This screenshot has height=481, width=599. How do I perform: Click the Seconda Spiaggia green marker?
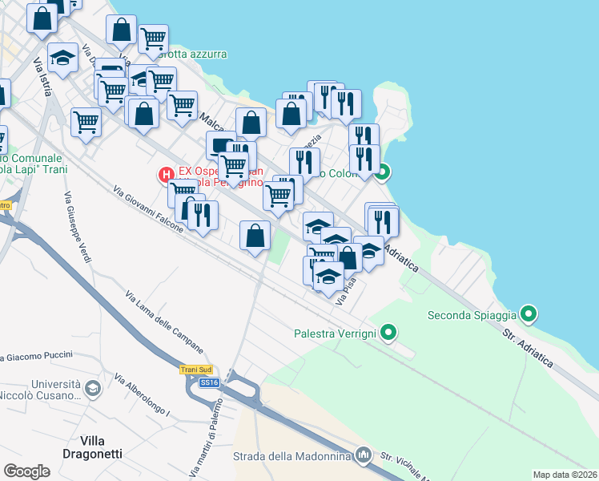pyautogui.click(x=528, y=313)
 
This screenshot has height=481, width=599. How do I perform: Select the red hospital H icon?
pyautogui.click(x=167, y=173)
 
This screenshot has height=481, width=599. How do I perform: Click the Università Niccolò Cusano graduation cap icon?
pyautogui.click(x=93, y=390)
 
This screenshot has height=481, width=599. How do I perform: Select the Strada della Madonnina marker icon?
pyautogui.click(x=364, y=455)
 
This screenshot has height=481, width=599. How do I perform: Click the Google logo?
pyautogui.click(x=26, y=471)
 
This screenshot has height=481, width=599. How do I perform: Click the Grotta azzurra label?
pyautogui.click(x=192, y=55)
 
